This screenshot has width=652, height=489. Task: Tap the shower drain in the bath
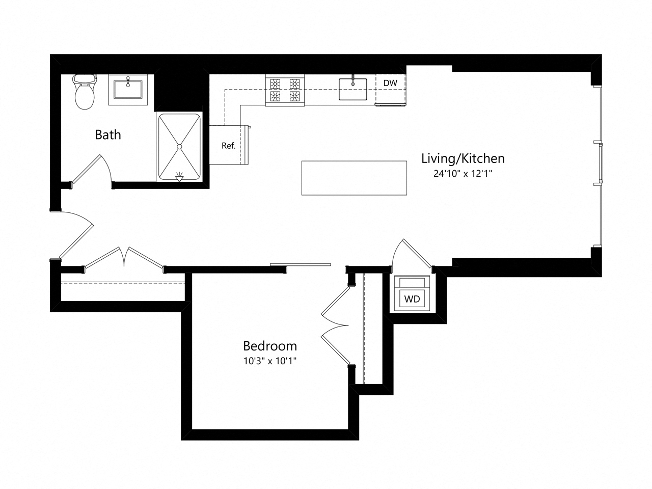(179, 147)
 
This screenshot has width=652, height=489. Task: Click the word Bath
(108, 135)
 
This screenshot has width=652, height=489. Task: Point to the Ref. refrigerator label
(228, 146)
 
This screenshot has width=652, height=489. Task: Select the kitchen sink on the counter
(354, 89)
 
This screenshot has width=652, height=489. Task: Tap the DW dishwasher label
(390, 83)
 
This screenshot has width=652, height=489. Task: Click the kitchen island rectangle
(354, 178)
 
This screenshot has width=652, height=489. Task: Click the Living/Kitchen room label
(463, 158)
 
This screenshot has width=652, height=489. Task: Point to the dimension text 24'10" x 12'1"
(463, 174)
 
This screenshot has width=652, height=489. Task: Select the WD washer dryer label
(412, 299)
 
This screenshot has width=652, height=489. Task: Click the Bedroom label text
(270, 346)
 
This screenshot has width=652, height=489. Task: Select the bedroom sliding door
(301, 264)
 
